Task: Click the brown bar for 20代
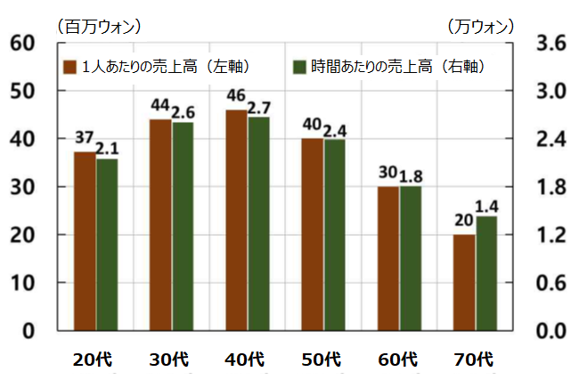(x=84, y=241)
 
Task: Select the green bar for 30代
(x=183, y=226)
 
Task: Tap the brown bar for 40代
(x=236, y=220)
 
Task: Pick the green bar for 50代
(x=335, y=235)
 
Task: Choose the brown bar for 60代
(x=388, y=258)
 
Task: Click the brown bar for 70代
(x=464, y=282)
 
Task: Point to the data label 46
(x=236, y=96)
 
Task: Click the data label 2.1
(x=108, y=147)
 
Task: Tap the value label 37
(x=84, y=139)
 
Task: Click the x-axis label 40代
(x=244, y=360)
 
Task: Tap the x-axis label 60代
(x=397, y=360)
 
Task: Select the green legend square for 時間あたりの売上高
(x=300, y=68)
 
